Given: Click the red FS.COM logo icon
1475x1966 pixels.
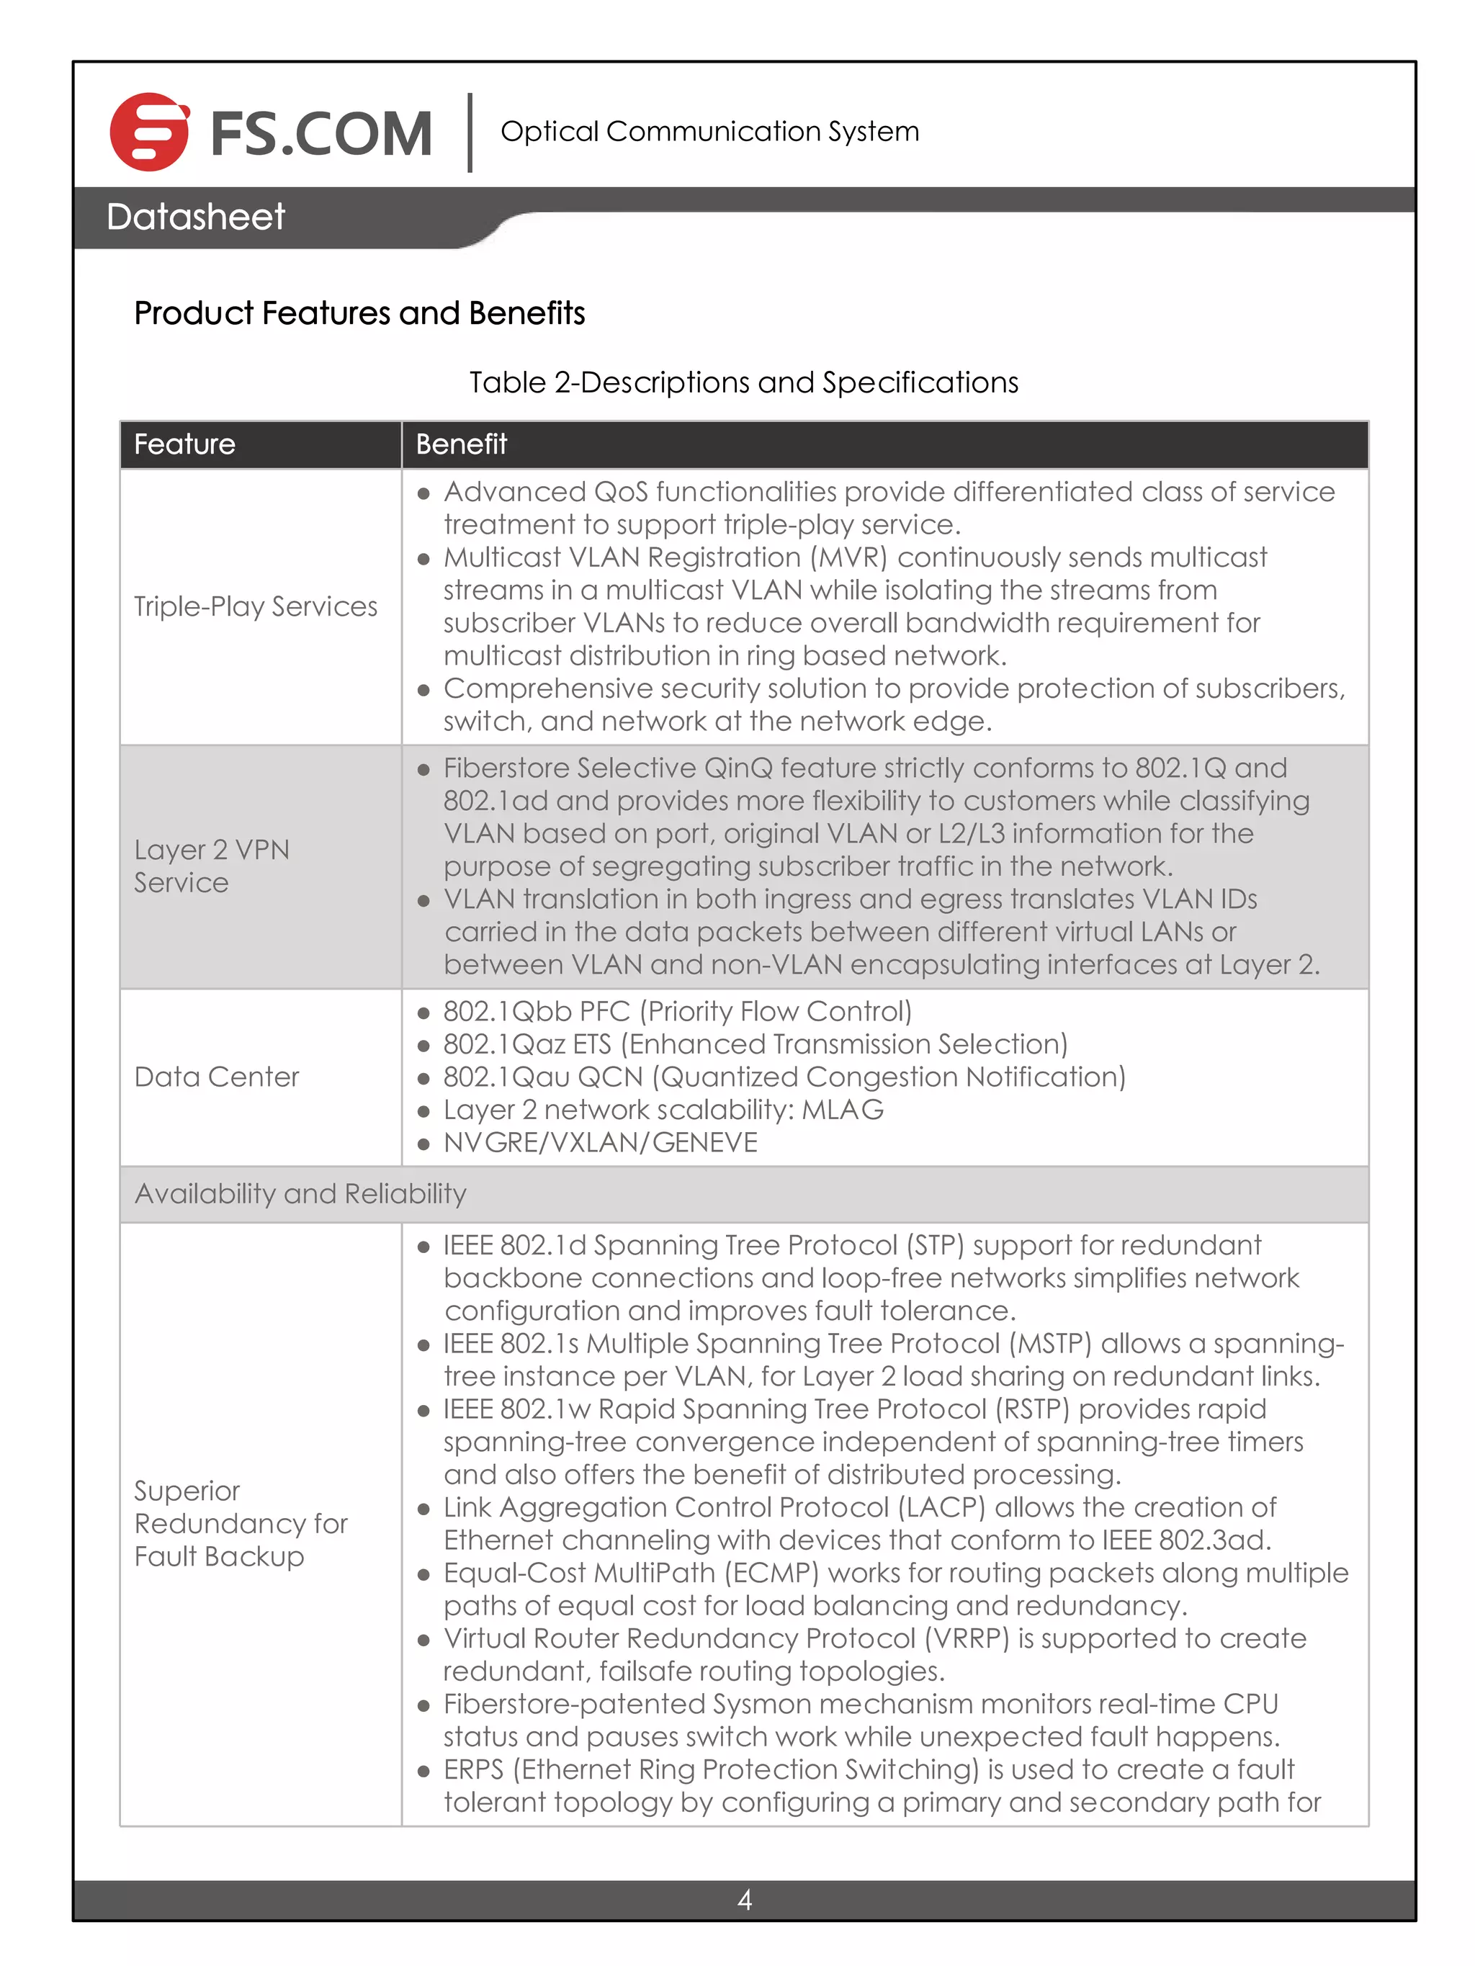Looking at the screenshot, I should [148, 132].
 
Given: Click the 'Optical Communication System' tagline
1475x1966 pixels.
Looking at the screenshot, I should [709, 132].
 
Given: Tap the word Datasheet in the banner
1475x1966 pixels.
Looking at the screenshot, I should [196, 217].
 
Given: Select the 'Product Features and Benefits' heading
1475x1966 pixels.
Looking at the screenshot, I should [359, 313].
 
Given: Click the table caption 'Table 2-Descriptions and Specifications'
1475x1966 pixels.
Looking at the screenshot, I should [743, 382].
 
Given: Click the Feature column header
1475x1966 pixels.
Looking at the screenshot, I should [185, 444].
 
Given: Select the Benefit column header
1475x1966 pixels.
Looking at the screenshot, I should [462, 444].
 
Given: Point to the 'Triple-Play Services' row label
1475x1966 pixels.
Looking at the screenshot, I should [255, 606].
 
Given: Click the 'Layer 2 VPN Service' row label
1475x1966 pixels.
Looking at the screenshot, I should [212, 866].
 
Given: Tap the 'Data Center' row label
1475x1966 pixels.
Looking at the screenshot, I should [217, 1077].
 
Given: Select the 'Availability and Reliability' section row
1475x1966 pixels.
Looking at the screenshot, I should [300, 1194].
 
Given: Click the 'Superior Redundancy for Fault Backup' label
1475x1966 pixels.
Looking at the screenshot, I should [240, 1523].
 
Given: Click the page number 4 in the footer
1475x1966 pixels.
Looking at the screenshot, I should [744, 1900].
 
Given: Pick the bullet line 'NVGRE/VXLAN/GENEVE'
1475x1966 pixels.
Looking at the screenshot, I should [600, 1143].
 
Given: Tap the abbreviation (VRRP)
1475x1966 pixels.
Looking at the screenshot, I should [967, 1638].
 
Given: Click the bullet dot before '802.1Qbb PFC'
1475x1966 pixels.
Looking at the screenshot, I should [424, 1013].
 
